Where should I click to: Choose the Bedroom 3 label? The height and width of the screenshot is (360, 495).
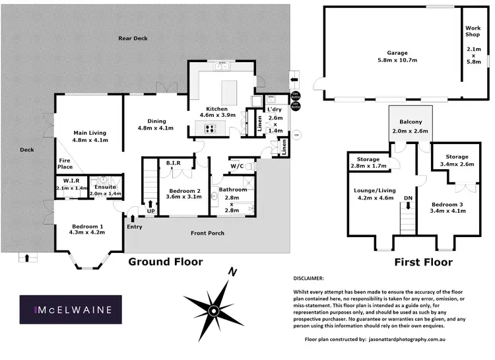point(447,204)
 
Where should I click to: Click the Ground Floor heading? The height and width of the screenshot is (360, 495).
point(165,262)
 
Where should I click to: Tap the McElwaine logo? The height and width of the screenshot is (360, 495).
point(73,309)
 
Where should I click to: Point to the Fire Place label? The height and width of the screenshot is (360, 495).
point(65,162)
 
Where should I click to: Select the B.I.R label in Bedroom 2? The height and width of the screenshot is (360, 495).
point(174,162)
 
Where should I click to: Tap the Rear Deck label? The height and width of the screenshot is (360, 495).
point(133,38)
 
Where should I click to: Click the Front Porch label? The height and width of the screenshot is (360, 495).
point(207,233)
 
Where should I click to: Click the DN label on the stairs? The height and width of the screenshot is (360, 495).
point(409,197)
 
